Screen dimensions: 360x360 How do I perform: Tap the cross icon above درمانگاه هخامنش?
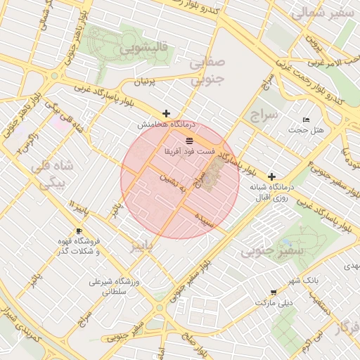(x=166, y=113)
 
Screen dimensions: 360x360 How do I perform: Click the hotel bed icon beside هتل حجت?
(x=305, y=120)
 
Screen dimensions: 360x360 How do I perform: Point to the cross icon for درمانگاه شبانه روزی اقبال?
(x=272, y=176)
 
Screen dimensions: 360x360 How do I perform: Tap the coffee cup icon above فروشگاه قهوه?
(x=79, y=231)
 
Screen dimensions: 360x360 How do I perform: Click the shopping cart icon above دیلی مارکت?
(x=273, y=292)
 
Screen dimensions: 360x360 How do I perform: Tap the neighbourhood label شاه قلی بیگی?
(x=49, y=176)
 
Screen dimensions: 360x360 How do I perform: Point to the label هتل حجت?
(x=308, y=130)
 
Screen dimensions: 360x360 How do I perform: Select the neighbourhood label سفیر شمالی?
(x=320, y=12)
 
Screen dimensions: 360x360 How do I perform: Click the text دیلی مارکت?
(x=276, y=303)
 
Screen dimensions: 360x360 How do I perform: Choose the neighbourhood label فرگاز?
(x=347, y=328)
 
